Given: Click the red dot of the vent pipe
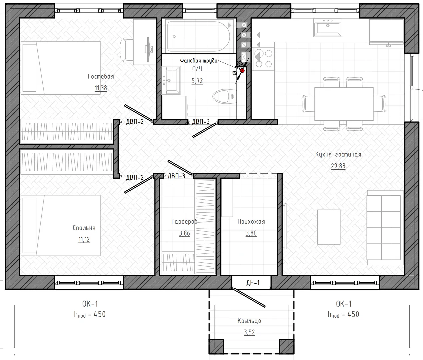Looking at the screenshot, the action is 242,71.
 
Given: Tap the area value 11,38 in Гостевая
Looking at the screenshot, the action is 101,88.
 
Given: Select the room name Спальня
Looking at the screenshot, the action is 84,228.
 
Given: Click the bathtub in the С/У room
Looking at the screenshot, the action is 198,36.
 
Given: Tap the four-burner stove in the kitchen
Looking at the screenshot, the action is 264,59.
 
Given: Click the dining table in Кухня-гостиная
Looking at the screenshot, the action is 344,104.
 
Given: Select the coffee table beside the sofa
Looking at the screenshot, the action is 329,227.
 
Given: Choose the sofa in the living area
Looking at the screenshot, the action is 385,228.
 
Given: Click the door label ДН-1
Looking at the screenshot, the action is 253,283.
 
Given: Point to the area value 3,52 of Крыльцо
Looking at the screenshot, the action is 249,332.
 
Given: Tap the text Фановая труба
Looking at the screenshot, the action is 199,61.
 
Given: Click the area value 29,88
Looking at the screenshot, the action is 338,166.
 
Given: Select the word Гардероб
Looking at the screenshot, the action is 184,221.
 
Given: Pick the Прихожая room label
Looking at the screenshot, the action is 251,221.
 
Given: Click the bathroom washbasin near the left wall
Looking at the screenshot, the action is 171,80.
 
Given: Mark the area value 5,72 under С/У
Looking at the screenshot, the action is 197,81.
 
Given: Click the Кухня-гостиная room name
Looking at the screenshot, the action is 338,154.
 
